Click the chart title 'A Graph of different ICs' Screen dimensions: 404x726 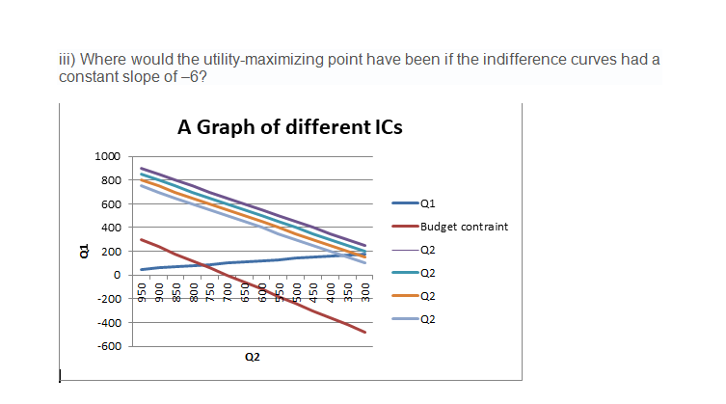tap(290, 126)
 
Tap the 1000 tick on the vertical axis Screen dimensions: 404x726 tap(108, 156)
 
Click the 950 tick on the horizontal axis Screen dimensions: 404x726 tap(141, 292)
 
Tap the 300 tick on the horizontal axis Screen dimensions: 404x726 tap(365, 292)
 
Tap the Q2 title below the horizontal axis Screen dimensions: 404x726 tap(253, 358)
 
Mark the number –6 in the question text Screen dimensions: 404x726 tap(191, 75)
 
